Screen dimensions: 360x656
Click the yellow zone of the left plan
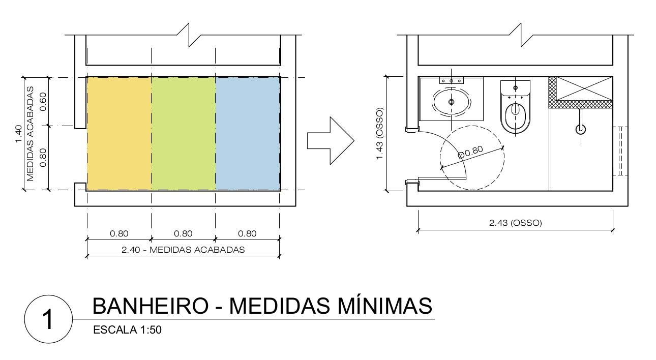119,133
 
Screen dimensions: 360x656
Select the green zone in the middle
184,133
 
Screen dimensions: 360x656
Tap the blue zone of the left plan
248,133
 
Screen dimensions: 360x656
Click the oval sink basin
451,102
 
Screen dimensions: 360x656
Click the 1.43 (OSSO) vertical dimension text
379,133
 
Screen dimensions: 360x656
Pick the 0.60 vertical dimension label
43,101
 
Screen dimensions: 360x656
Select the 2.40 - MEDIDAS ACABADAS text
183,250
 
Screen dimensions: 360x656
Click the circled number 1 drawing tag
48,319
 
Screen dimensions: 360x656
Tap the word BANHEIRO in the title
150,306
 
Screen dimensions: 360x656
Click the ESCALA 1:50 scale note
127,330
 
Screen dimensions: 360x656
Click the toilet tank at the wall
515,88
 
